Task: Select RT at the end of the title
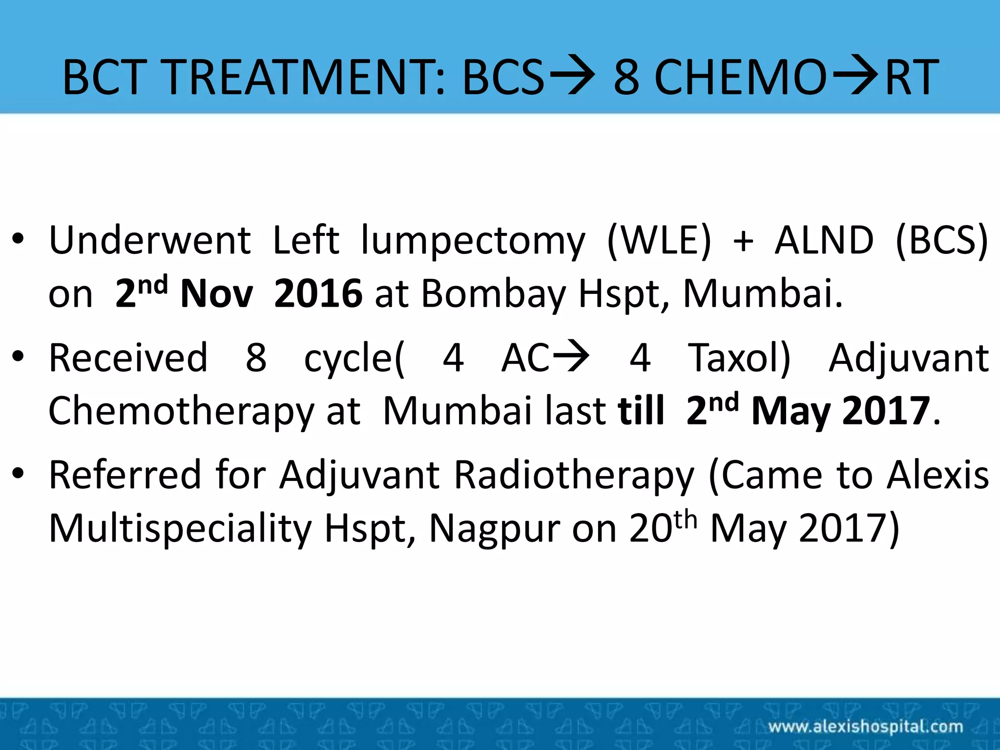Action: [x=911, y=77]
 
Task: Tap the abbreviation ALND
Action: [x=824, y=240]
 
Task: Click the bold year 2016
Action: [x=318, y=293]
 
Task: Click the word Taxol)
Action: [x=739, y=358]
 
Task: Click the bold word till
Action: [x=641, y=410]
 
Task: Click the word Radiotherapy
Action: [x=574, y=476]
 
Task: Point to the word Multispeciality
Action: [x=181, y=529]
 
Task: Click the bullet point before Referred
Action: [x=18, y=473]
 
